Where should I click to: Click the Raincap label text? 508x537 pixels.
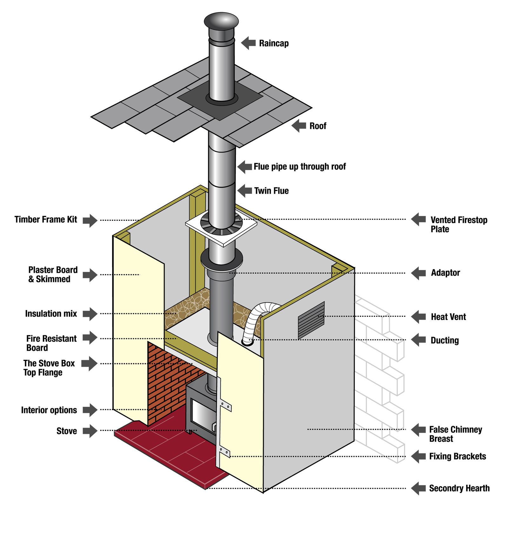pos(274,43)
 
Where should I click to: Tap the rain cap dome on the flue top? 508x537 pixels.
pos(221,20)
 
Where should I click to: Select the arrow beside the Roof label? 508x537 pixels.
pos(299,126)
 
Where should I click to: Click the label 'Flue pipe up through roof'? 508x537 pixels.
pos(299,167)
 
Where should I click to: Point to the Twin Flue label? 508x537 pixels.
pos(271,191)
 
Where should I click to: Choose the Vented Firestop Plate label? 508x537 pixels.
pos(458,224)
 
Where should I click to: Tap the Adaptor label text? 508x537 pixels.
pos(445,273)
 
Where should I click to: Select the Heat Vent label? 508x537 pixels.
pos(448,317)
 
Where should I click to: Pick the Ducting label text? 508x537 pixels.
pos(444,340)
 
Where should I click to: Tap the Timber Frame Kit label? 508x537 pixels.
pos(46,219)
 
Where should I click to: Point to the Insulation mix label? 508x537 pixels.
pos(51,314)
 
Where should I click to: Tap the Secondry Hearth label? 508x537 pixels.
pos(459,488)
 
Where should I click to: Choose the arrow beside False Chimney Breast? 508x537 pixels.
pos(418,430)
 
